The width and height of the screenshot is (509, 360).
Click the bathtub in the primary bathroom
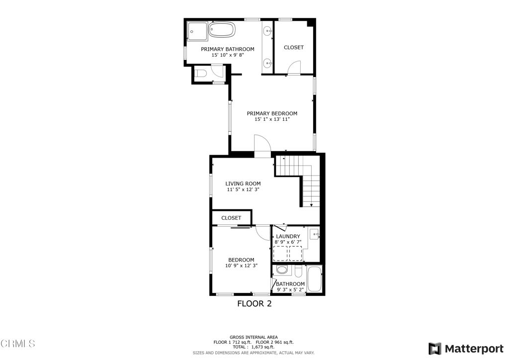[x=222, y=30]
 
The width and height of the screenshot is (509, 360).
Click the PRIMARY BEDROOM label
[x=272, y=114]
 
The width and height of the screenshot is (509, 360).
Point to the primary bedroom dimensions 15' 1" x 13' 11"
[x=272, y=120]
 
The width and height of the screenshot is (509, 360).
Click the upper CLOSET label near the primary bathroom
[x=293, y=48]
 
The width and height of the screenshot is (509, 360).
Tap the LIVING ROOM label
[x=243, y=184]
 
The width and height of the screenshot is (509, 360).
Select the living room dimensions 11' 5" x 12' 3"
[x=243, y=190]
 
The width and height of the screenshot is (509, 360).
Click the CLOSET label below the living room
[x=231, y=218]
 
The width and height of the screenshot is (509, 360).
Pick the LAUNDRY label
[x=288, y=237]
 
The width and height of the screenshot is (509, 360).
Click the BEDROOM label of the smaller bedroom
[x=241, y=260]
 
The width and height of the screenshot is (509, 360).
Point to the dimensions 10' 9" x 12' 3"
[x=241, y=266]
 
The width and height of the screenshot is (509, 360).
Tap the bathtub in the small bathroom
[x=315, y=279]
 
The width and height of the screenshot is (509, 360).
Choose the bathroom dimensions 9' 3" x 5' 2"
[x=290, y=290]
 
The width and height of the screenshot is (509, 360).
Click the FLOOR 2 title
[x=254, y=304]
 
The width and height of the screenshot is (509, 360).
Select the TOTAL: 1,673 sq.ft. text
[x=254, y=347]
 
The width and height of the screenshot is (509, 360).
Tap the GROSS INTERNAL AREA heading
[x=254, y=337]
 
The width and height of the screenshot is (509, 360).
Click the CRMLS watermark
[x=18, y=344]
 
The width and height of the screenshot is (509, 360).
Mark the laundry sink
[x=314, y=234]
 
